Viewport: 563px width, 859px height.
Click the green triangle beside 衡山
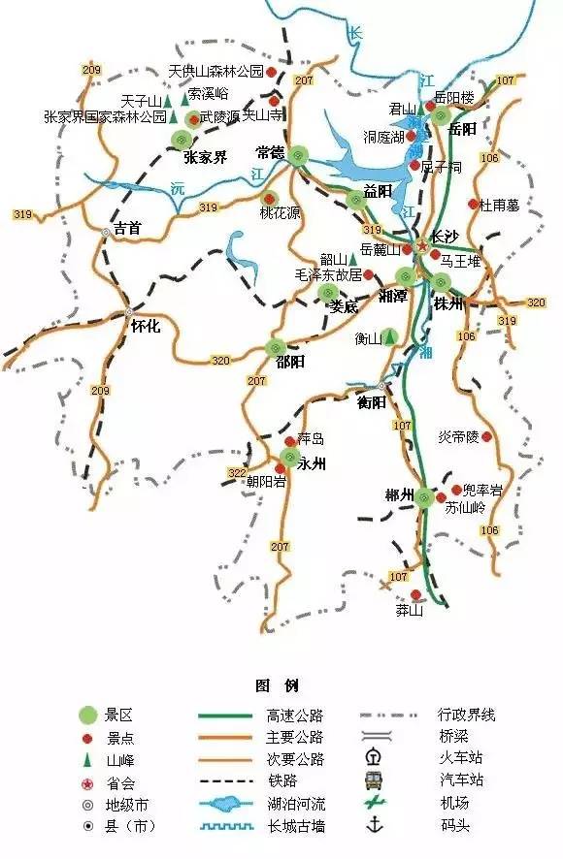point(389,337)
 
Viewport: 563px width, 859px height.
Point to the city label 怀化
point(145,327)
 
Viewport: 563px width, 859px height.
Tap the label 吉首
point(127,229)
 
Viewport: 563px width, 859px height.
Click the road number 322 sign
point(236,472)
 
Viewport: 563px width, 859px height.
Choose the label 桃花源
point(280,213)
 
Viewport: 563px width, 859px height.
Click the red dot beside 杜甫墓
point(474,205)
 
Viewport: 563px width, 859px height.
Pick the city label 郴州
point(399,497)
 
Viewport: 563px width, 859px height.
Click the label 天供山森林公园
point(215,72)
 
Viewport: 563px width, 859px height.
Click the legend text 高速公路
point(294,716)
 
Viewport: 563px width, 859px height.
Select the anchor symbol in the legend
point(373,825)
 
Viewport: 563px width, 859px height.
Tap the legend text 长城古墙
point(294,826)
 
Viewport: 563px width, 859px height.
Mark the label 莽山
point(410,611)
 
